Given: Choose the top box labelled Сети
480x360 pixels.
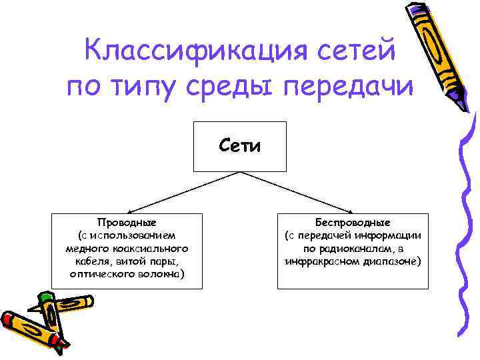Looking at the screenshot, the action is pyautogui.click(x=240, y=147).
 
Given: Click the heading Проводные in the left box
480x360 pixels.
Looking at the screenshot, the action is pyautogui.click(x=127, y=223).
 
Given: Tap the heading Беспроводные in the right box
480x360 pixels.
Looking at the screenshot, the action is pyautogui.click(x=353, y=223).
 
